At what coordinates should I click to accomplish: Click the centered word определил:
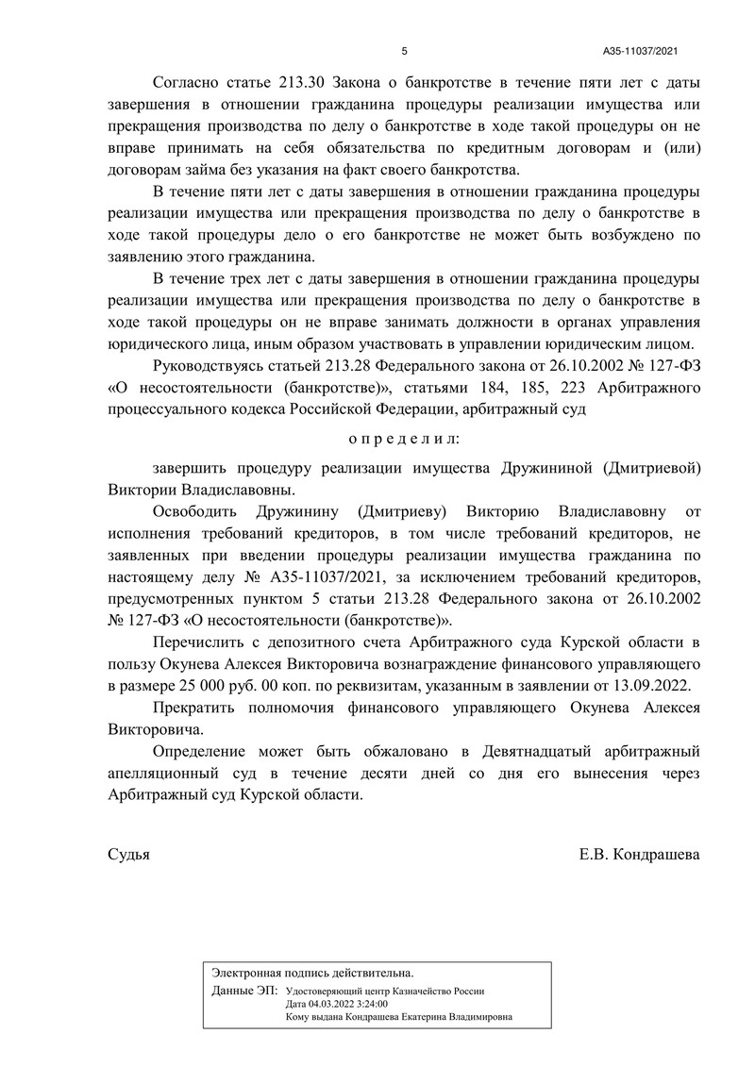click(405, 439)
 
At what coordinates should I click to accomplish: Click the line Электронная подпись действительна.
click(312, 972)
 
